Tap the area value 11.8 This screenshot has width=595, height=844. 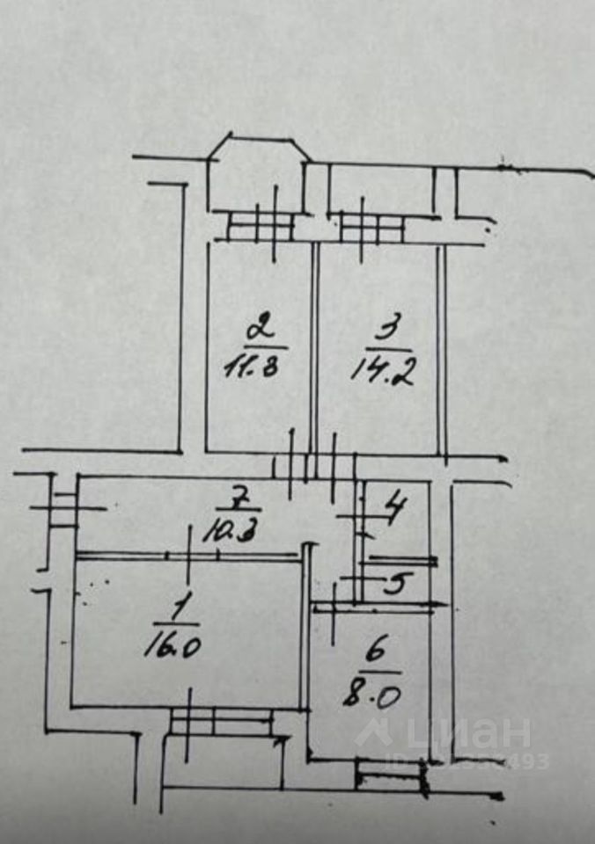252,366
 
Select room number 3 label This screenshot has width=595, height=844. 385,331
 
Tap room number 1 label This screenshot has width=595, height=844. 180,606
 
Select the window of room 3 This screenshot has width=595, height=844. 371,228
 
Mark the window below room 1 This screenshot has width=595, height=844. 222,722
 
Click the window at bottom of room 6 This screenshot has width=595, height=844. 390,776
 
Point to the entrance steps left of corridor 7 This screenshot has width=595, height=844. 64,508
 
